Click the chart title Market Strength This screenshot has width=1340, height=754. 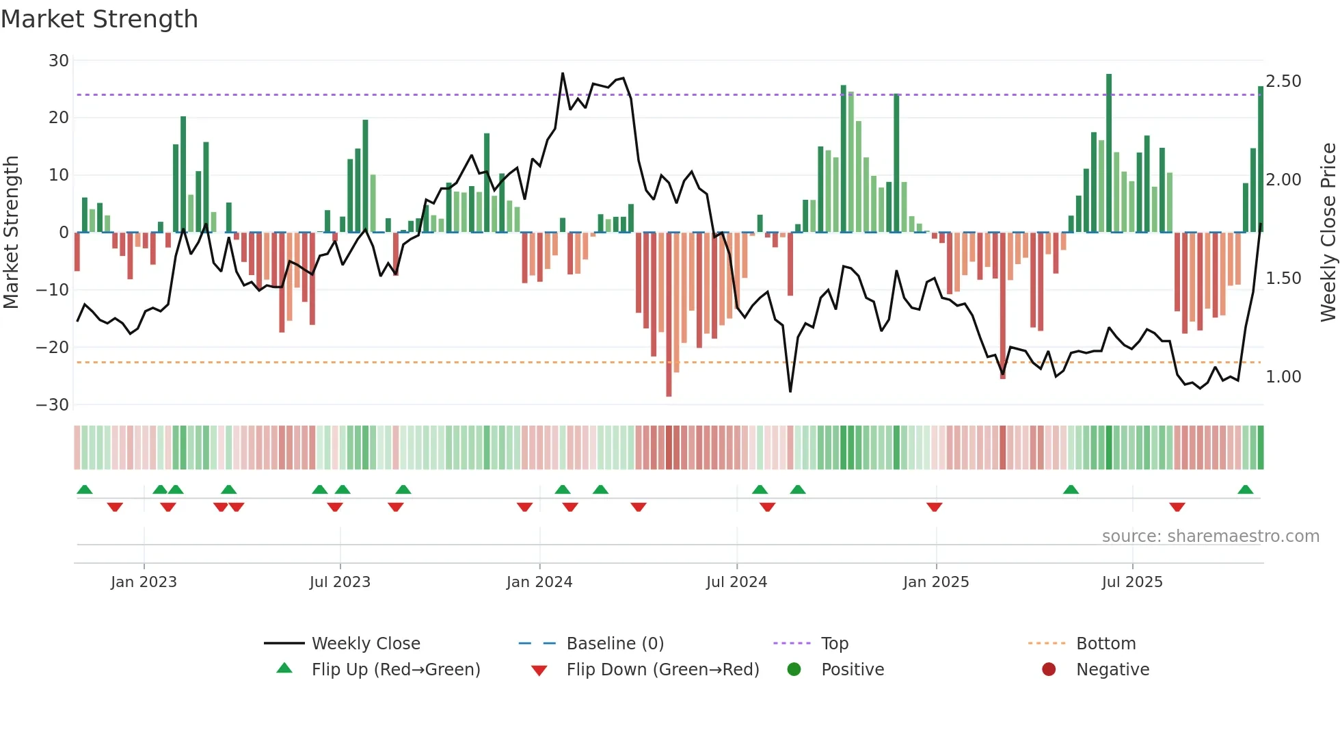tap(99, 19)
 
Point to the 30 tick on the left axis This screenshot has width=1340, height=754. tap(59, 60)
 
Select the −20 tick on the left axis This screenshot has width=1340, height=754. tap(53, 347)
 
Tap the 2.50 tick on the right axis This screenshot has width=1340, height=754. tap(1283, 81)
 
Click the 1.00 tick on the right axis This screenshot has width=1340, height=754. tap(1283, 377)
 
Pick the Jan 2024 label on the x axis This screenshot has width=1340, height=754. tap(539, 582)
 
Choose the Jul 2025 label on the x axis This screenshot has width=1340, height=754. tap(1132, 582)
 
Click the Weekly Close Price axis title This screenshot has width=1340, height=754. tap(1328, 233)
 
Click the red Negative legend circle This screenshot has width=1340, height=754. tap(1049, 670)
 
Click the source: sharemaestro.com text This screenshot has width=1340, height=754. tap(1210, 536)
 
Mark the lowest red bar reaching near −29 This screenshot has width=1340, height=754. tap(669, 315)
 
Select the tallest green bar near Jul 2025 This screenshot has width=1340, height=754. tap(1109, 153)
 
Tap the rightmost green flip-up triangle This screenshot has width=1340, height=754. tap(1246, 490)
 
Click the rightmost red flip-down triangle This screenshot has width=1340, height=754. tap(1177, 507)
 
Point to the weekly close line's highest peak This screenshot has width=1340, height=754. tap(563, 74)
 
